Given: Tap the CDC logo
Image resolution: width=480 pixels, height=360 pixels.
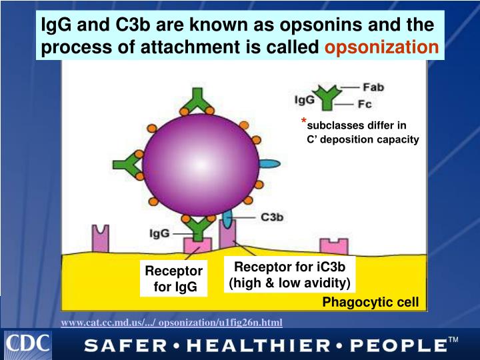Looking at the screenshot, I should (x=28, y=343).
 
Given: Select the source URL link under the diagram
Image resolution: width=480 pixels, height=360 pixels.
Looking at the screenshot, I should (x=171, y=323).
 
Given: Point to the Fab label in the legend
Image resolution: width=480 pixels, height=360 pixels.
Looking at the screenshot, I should (x=373, y=87).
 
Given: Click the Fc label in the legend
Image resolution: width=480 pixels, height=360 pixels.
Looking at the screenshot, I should (x=365, y=104).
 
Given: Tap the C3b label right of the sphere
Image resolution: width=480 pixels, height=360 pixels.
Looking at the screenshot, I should (x=273, y=217).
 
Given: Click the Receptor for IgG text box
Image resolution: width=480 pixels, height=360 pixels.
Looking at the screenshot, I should (x=173, y=279).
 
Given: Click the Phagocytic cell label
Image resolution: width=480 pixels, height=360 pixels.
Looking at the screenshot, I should (x=371, y=303).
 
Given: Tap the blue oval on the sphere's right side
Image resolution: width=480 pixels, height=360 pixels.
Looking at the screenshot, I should (x=269, y=163).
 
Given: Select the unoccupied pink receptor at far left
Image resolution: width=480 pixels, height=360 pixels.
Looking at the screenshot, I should (x=101, y=239).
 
